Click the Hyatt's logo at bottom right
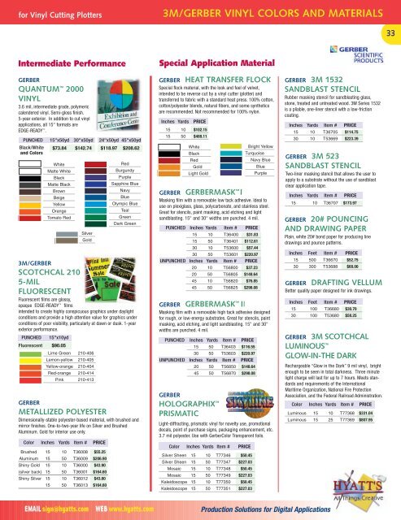tap(369, 487)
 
